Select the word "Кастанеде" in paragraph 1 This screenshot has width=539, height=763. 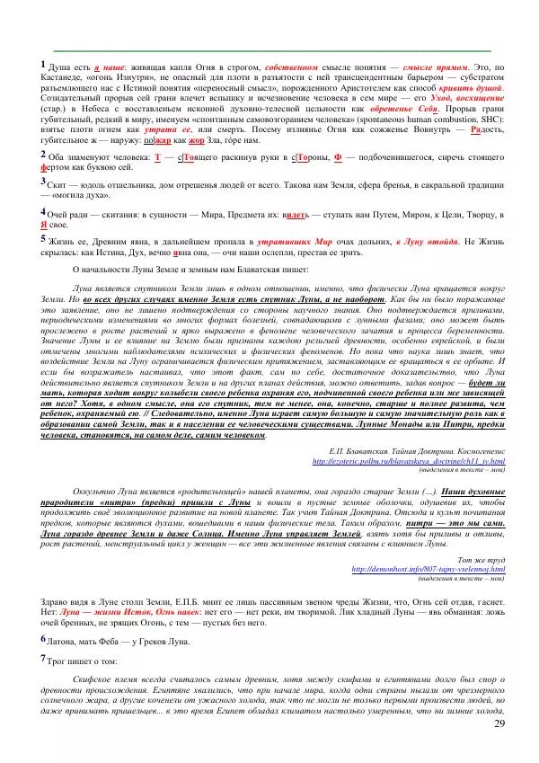(64, 79)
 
